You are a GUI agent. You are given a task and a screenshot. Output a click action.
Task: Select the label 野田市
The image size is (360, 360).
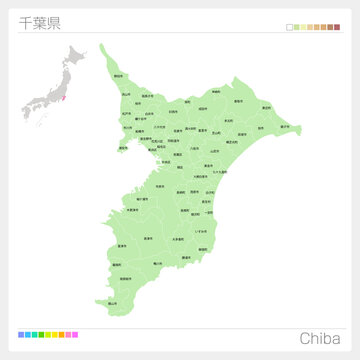[x=118, y=76]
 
